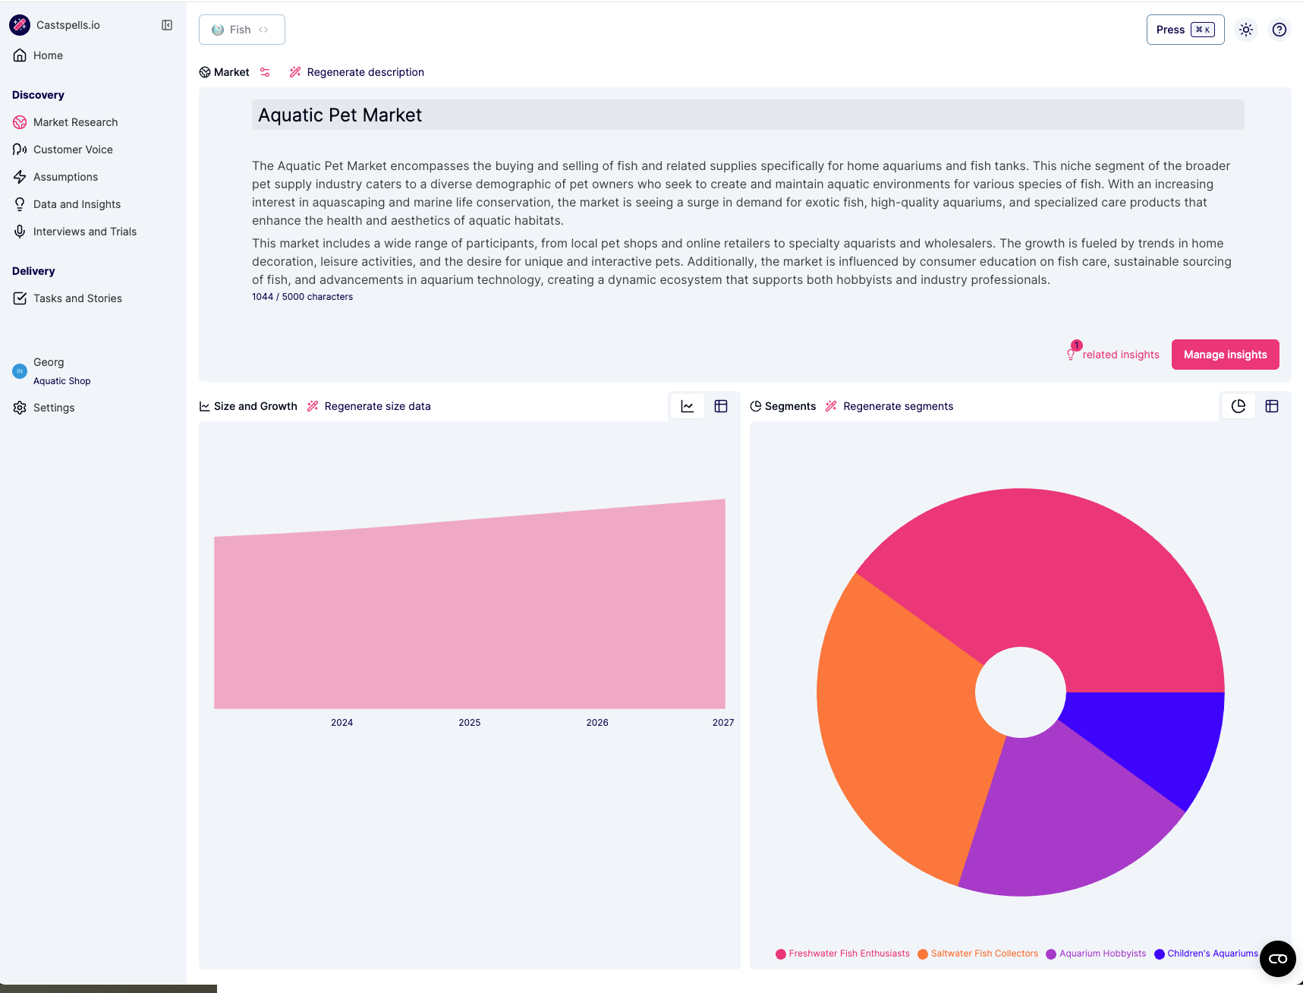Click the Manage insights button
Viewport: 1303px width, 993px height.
1225,355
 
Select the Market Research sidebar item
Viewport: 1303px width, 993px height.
75,122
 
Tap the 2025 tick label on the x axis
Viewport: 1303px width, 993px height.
469,723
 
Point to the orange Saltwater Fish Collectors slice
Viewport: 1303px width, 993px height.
903,721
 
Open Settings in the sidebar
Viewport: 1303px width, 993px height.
53,408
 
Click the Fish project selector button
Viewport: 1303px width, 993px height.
241,30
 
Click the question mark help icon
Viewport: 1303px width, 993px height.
1279,30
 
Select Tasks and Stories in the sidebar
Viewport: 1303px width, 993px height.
77,298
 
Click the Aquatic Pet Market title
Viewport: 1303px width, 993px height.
340,115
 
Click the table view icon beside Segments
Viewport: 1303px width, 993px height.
1272,406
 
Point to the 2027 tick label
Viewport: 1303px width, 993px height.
722,723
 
